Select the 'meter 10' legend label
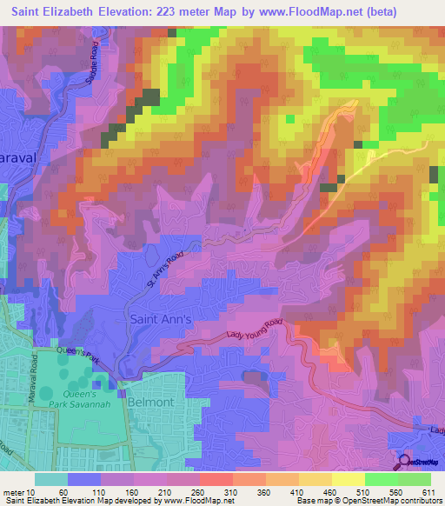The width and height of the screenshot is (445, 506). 18,492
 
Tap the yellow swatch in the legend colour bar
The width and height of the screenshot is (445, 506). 348,479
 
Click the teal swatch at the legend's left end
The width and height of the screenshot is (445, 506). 51,479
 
